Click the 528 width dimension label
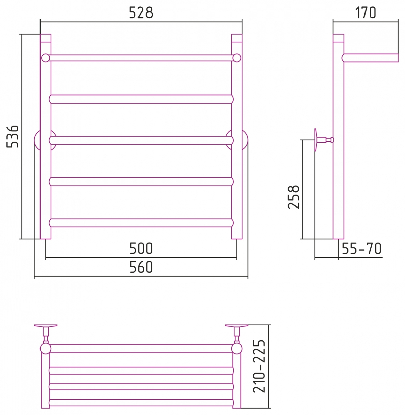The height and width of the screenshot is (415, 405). click(141, 13)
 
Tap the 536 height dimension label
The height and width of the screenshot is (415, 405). click(12, 137)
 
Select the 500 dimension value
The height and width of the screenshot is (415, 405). click(141, 248)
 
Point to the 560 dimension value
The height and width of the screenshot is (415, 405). click(141, 267)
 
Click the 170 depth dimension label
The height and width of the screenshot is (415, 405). click(365, 13)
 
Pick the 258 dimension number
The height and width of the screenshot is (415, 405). click(294, 197)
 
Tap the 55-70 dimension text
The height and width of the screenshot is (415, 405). click(361, 248)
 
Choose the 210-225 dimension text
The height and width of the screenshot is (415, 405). click(259, 366)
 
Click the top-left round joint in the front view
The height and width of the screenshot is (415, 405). click(46, 58)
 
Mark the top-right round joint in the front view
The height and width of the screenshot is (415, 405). click(237, 58)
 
